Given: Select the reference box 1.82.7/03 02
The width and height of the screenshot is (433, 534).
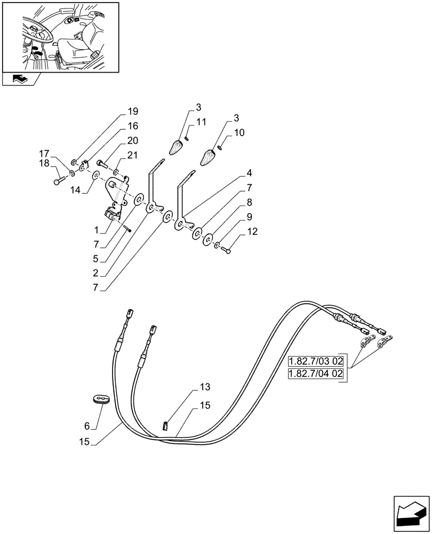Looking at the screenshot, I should (x=316, y=360).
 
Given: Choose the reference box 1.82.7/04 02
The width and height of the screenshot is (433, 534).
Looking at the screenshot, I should (x=316, y=374).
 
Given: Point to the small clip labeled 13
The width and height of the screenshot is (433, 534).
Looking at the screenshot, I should (x=165, y=425).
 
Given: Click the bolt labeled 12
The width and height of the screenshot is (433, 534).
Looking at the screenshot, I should (x=227, y=249).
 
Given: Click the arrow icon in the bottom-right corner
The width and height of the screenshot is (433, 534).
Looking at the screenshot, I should (x=411, y=513).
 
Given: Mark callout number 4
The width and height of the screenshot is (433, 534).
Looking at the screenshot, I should (x=250, y=174).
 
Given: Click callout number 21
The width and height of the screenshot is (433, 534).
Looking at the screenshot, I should (x=132, y=155).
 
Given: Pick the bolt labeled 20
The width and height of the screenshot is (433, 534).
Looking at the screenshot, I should (x=102, y=162).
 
